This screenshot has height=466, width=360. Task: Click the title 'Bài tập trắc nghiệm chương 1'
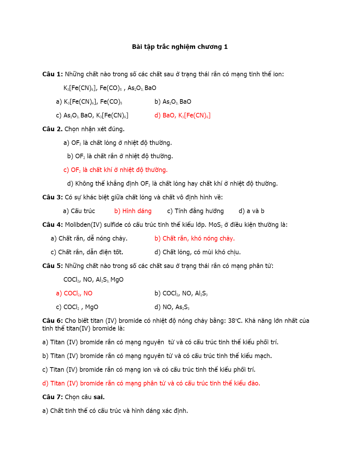(x=180, y=47)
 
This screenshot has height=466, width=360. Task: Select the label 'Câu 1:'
(x=52, y=74)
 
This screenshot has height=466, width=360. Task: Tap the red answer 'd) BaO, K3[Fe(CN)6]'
(x=182, y=115)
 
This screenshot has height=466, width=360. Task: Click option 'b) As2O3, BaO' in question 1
(x=173, y=102)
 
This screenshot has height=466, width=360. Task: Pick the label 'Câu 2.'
(x=52, y=129)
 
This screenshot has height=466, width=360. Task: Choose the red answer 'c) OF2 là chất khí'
(x=115, y=170)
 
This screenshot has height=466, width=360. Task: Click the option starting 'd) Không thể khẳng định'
(x=172, y=184)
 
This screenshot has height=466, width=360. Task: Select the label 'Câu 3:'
(x=52, y=197)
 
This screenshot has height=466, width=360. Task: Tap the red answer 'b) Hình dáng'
(x=133, y=211)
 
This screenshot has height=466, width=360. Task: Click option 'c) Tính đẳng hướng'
(x=195, y=211)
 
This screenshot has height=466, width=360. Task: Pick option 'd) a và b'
(x=251, y=211)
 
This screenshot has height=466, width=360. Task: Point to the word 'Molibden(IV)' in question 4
(x=83, y=225)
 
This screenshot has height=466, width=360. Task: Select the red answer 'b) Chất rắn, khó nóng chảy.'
(x=194, y=238)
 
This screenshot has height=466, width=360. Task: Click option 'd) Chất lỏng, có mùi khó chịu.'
(x=198, y=252)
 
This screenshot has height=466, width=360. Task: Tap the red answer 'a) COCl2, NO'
(x=74, y=293)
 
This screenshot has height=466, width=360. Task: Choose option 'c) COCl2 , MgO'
(x=77, y=307)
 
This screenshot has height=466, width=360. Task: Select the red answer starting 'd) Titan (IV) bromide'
(x=151, y=383)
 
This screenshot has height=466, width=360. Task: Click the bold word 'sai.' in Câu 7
(x=99, y=397)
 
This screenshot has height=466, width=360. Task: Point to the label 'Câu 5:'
(x=52, y=266)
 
